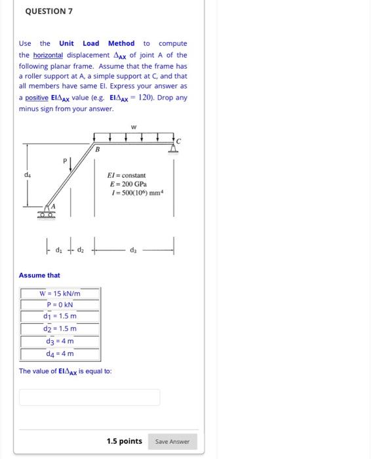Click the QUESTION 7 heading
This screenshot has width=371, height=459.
(49, 11)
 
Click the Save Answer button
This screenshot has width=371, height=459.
(172, 441)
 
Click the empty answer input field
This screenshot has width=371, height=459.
(89, 397)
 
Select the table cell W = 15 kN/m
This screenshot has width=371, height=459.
(60, 293)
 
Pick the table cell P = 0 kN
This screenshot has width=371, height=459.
(60, 305)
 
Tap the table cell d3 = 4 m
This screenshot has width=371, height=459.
(60, 341)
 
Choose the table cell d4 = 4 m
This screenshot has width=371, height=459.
(60, 353)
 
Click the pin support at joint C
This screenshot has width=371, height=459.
(174, 148)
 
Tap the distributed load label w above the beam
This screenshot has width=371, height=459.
(134, 127)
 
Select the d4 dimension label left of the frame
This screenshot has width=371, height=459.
(27, 174)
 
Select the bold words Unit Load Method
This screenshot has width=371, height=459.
(96, 43)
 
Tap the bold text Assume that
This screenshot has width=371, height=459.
(39, 275)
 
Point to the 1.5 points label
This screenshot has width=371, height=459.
(124, 441)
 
